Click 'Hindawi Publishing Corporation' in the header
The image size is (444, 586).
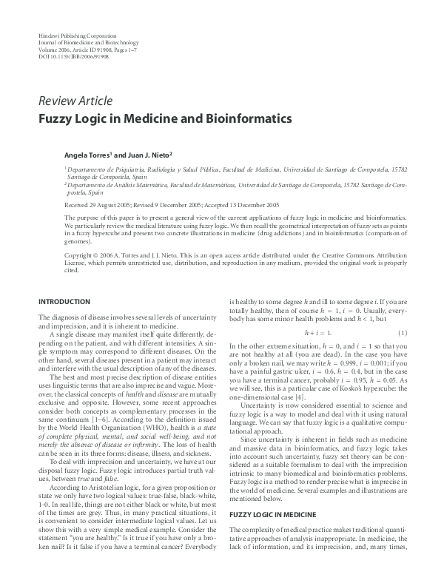click(x=76, y=36)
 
